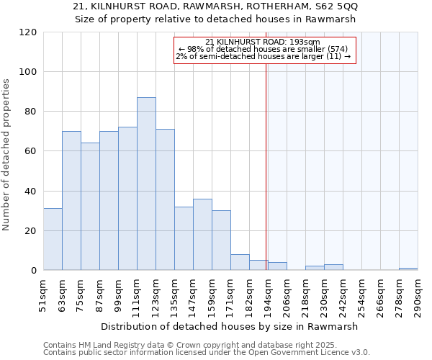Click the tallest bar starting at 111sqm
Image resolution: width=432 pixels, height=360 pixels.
(146, 184)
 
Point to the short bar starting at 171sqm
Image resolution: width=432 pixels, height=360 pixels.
(240, 262)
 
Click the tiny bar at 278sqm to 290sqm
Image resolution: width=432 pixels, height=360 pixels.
(408, 269)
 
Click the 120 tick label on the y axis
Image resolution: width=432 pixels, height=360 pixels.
(28, 32)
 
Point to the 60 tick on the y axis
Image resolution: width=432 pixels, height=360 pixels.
(31, 151)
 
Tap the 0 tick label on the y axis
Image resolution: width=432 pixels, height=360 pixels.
(34, 271)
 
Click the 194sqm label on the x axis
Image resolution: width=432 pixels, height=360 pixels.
(269, 296)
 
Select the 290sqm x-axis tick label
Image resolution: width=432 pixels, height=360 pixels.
(418, 296)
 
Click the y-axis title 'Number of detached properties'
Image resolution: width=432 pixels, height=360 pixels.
(7, 155)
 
